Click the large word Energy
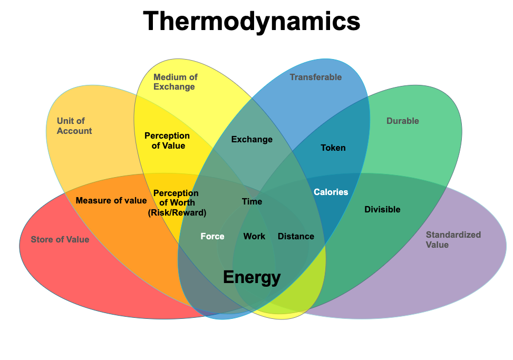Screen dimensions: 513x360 coord(251,277)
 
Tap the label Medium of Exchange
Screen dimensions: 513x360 coord(175,82)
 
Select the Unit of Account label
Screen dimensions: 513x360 coord(74,126)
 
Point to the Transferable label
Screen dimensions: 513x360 coord(316,77)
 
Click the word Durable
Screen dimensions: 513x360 coord(402,121)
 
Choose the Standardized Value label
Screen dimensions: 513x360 coord(453,239)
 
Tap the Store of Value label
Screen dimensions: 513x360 coord(60,239)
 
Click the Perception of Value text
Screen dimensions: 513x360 coord(168,140)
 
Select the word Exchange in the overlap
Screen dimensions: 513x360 coord(251,139)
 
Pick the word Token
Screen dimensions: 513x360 coord(333,148)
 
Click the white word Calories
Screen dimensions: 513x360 coord(331,192)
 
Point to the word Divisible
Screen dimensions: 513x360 coord(382,209)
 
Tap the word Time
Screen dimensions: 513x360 coord(251,201)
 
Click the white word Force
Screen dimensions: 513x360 coord(212,236)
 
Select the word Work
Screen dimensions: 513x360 coord(254,236)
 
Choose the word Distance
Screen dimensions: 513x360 coord(296,236)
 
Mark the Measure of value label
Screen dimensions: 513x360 coord(111,200)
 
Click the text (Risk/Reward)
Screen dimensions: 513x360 coord(177,212)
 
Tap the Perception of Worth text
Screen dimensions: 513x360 coord(176,198)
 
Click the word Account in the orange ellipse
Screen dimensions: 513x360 coord(74,131)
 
